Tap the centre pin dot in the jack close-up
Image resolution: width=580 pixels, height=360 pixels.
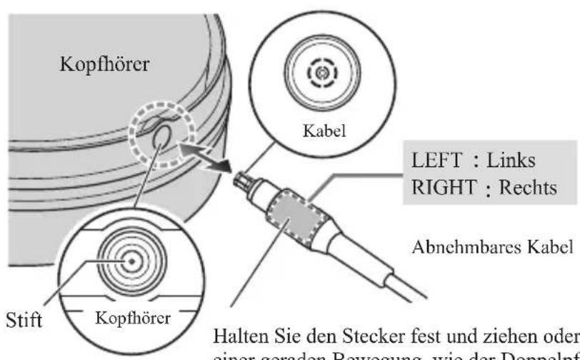[132, 260]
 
